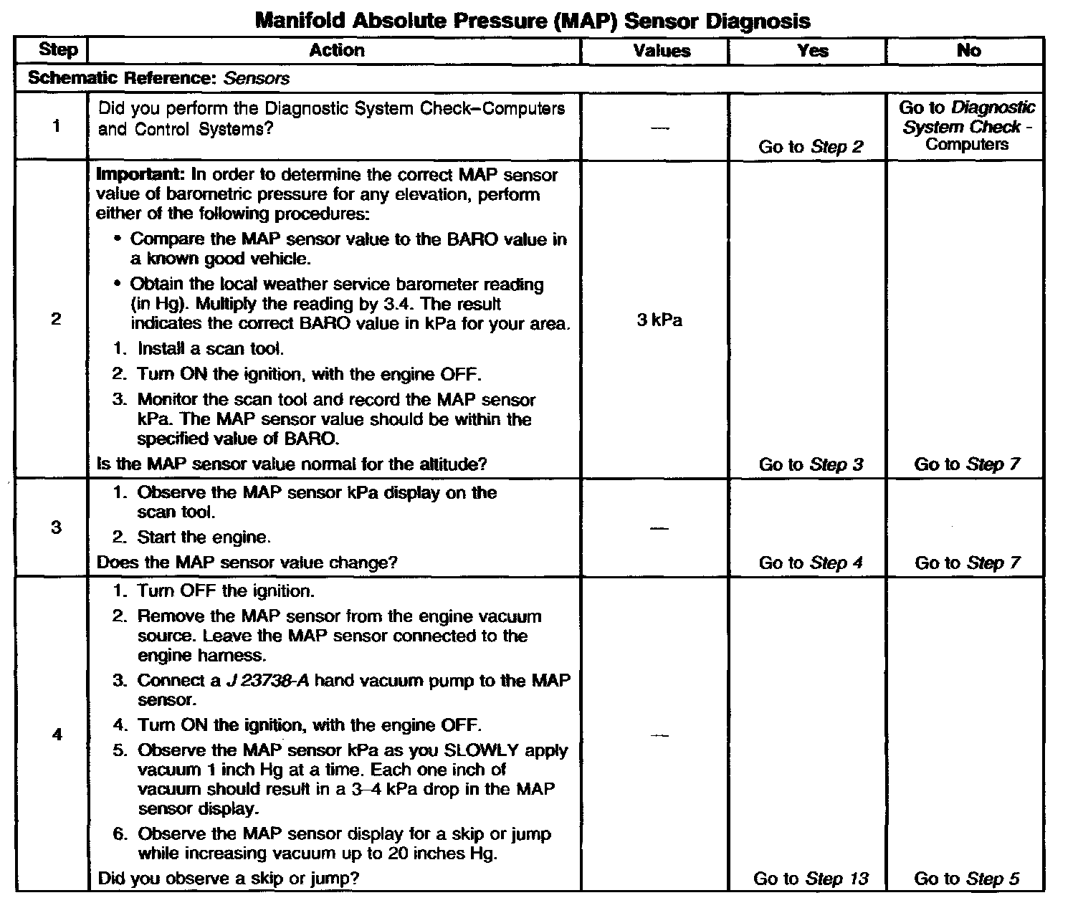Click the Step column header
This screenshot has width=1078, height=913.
(57, 50)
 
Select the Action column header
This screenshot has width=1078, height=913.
(336, 50)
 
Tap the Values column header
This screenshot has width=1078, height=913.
(662, 51)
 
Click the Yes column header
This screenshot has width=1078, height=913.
(813, 51)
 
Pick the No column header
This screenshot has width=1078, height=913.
(968, 50)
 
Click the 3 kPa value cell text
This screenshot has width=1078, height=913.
(659, 320)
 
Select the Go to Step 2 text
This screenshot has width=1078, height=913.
(811, 147)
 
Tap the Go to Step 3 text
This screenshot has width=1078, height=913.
(811, 464)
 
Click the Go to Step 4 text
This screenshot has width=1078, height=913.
(811, 563)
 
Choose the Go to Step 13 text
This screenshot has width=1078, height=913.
(811, 879)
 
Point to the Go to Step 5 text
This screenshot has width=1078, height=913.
(967, 879)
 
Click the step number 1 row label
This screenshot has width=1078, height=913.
(56, 127)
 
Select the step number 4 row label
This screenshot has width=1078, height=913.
(57, 735)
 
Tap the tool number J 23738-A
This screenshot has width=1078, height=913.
(267, 681)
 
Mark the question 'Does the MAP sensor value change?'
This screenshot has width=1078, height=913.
(247, 563)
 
